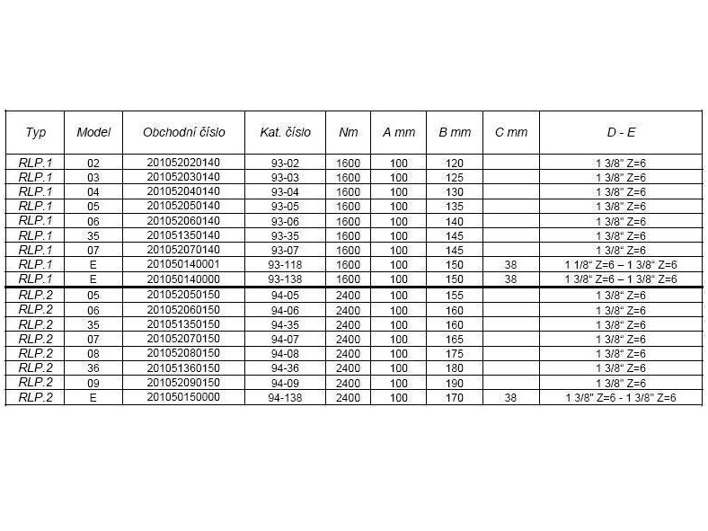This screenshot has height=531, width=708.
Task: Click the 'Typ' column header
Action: tap(36, 132)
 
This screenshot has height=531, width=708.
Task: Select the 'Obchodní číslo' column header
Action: tap(184, 132)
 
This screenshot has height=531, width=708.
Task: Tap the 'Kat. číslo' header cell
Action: tap(286, 132)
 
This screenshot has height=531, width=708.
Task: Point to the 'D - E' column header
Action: tap(620, 132)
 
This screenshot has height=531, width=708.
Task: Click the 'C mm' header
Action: tap(511, 132)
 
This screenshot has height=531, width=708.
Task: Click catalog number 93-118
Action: tap(286, 264)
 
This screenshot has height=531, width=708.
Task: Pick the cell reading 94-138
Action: tap(286, 397)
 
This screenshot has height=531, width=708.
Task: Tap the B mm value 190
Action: tap(455, 383)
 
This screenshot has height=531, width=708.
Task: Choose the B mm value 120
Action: tap(455, 164)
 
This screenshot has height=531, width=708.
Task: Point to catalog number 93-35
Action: tap(286, 235)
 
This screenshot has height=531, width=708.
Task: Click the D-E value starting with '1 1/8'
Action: tap(620, 264)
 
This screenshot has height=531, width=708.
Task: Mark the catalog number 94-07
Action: tap(286, 339)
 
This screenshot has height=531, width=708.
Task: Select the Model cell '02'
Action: tap(93, 164)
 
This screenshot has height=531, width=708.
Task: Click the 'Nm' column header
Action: tap(348, 132)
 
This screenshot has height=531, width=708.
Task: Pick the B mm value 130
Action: tap(455, 192)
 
